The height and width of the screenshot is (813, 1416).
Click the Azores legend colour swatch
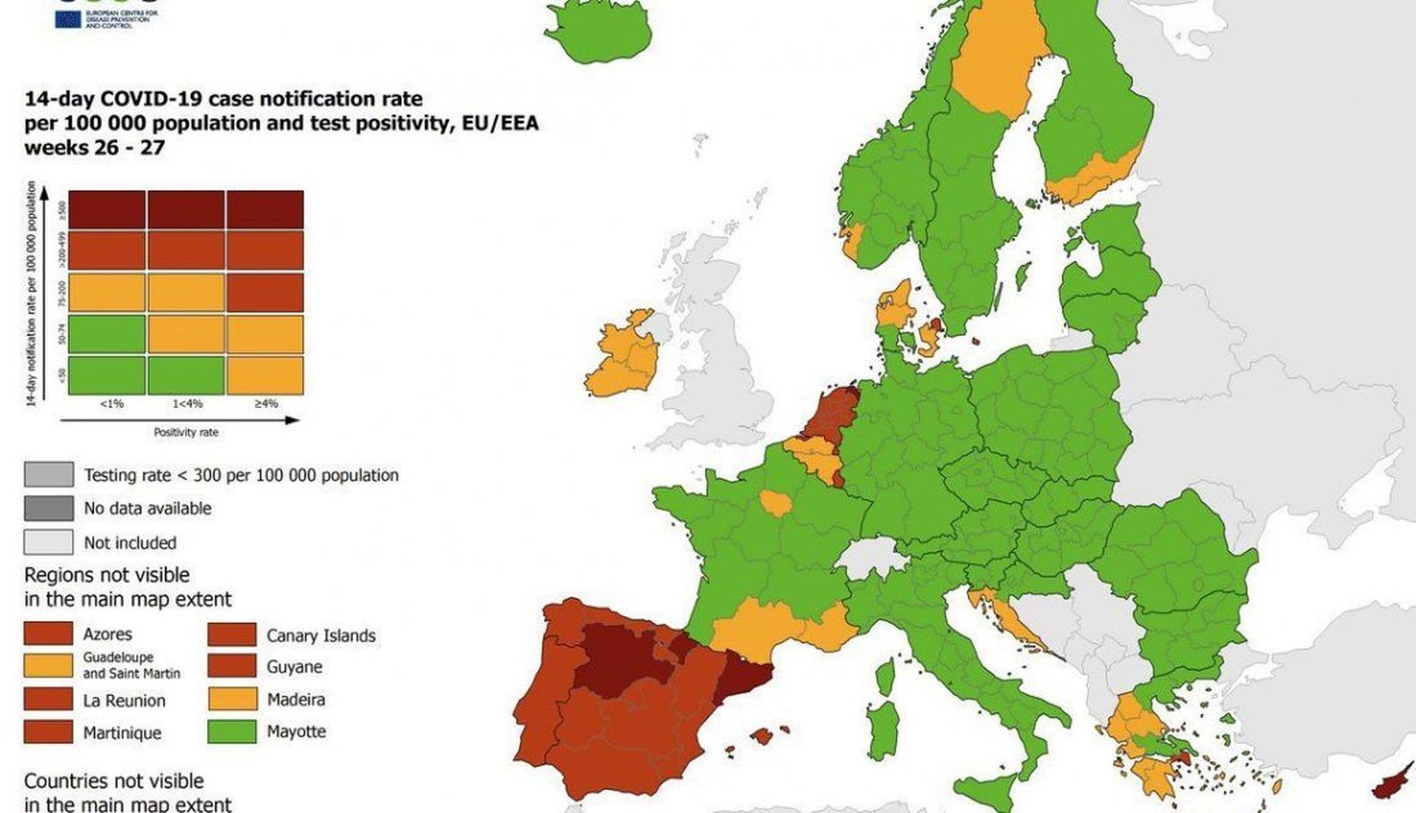pyautogui.click(x=48, y=633)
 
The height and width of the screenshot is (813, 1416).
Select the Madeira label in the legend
pyautogui.click(x=296, y=700)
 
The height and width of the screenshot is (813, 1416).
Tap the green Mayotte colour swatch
pyautogui.click(x=233, y=732)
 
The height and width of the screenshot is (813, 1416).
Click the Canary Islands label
pyautogui.click(x=320, y=635)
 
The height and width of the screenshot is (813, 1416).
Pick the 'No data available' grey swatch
pyautogui.click(x=49, y=508)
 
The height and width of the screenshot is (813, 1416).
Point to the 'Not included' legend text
pyautogui.click(x=130, y=542)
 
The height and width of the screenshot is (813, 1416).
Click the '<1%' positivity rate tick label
pyautogui.click(x=112, y=403)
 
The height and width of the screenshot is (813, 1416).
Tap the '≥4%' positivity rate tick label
pyautogui.click(x=265, y=403)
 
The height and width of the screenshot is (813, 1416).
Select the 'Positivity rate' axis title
pyautogui.click(x=186, y=432)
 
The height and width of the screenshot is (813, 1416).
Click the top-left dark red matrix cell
pyautogui.click(x=107, y=210)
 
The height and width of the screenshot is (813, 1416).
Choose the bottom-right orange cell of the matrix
pyautogui.click(x=265, y=375)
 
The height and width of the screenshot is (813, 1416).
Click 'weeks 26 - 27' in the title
pyautogui.click(x=95, y=148)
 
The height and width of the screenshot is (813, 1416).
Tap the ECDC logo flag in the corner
pyautogui.click(x=67, y=19)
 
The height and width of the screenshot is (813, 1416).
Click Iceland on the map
pyautogui.click(x=597, y=31)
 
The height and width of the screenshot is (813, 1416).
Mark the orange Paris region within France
pyautogui.click(x=776, y=503)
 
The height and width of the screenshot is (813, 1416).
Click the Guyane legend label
pyautogui.click(x=294, y=667)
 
